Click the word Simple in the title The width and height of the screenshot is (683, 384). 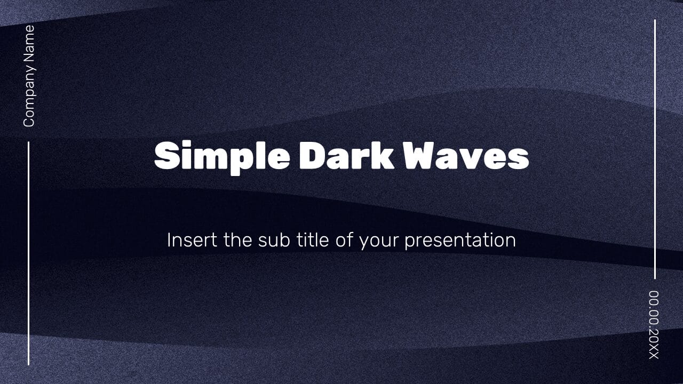point(222,157)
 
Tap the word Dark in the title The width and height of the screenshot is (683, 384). point(346,155)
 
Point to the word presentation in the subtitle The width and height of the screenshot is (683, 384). point(460,241)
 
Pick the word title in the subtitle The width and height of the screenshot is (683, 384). point(313,240)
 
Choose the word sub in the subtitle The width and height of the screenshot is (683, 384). point(274,240)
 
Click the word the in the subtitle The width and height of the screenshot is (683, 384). point(238,240)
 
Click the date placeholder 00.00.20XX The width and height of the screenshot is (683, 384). point(654,325)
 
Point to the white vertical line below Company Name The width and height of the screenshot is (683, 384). point(29,253)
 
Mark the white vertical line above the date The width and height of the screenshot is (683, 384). point(655,149)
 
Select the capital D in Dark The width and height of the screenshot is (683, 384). point(312,155)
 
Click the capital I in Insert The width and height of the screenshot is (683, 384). point(168,240)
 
